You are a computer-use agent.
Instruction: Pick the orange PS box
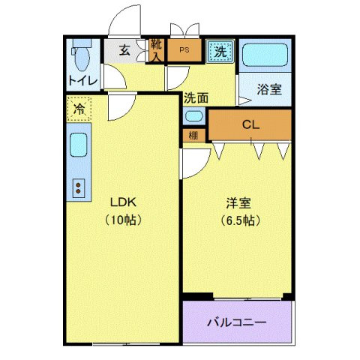[183, 52]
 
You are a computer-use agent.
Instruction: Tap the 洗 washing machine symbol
[219, 52]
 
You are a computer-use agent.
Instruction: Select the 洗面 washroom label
[196, 97]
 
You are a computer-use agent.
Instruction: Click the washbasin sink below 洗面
[193, 117]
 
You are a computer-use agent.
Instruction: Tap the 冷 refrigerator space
[78, 109]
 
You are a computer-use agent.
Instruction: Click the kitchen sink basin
[78, 145]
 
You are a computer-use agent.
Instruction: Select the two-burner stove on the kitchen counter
[78, 188]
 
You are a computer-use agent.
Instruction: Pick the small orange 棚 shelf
[193, 136]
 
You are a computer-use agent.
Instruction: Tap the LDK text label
[121, 203]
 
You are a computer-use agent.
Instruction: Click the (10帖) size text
[121, 220]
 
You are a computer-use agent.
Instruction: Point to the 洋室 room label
[238, 203]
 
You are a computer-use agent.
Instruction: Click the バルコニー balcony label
[236, 322]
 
